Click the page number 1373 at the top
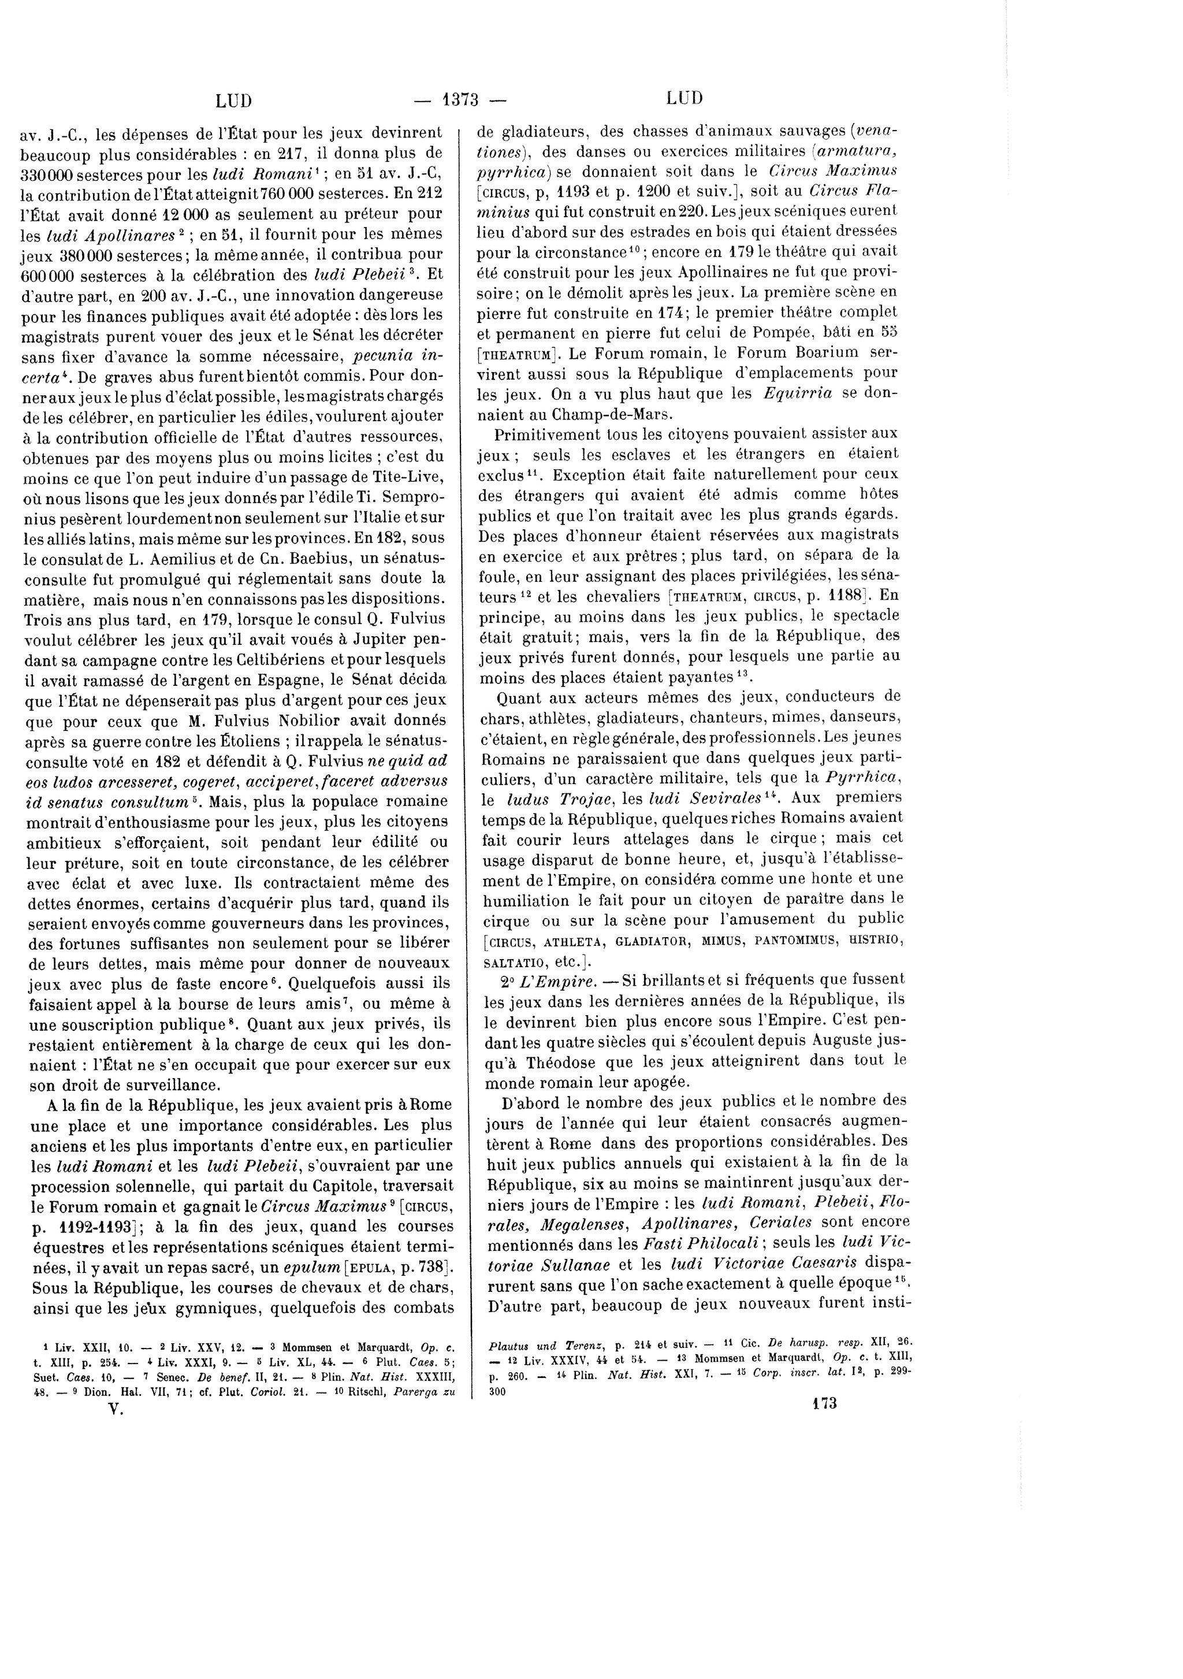click(x=460, y=99)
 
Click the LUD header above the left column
click(x=234, y=100)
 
